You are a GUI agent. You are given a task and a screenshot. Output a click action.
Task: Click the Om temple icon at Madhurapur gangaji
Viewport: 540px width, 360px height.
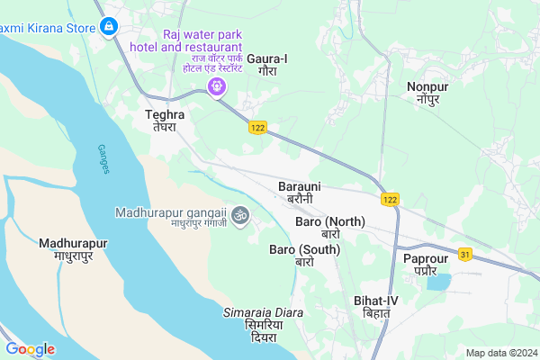[x=239, y=215]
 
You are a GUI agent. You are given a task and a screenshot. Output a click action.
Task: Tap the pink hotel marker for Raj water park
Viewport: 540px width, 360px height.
[x=215, y=86]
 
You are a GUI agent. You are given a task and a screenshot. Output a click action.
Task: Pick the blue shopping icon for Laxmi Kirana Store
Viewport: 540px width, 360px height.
[x=109, y=27]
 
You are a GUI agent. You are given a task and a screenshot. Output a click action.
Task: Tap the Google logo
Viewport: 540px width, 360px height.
[x=31, y=349]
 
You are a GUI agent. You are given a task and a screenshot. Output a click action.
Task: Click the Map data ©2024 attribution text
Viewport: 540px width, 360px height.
[x=499, y=352]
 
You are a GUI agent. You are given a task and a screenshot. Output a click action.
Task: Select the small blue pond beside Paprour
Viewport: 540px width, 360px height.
[x=439, y=282]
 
